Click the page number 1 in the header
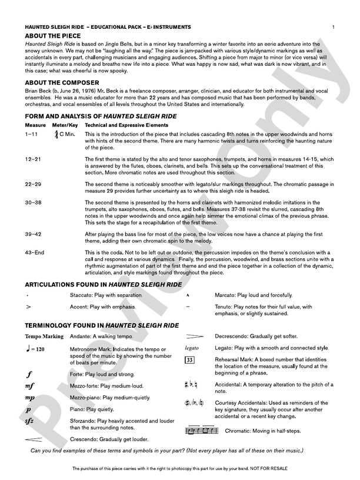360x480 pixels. point(333,27)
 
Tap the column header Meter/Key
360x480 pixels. point(65,125)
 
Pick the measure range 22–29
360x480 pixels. point(33,184)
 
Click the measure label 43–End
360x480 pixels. point(35,252)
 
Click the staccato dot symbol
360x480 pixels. point(27,295)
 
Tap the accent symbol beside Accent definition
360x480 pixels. point(28,307)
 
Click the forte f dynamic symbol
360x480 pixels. point(29,374)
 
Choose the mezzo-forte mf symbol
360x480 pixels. point(30,386)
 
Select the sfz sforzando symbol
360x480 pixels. point(29,421)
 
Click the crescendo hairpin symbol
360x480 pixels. point(33,439)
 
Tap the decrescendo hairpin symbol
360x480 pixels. point(194,336)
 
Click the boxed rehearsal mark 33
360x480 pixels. point(189,359)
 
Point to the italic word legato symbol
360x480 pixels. point(192,348)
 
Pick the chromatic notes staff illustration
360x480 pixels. point(201,431)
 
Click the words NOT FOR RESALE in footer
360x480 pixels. point(270,469)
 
